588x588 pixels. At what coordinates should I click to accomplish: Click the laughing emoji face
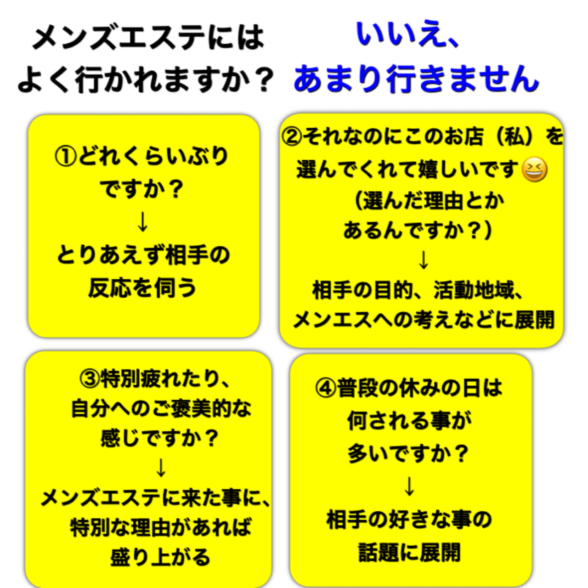534,170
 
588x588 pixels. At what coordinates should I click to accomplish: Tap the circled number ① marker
65,157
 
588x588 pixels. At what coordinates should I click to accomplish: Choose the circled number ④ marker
326,389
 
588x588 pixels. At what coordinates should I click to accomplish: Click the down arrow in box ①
143,222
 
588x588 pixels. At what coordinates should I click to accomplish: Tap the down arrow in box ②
424,260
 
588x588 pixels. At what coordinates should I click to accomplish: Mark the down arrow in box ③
161,468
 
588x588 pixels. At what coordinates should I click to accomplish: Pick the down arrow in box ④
409,486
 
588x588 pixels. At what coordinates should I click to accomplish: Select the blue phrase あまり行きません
416,79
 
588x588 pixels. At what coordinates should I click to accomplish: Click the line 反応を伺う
142,288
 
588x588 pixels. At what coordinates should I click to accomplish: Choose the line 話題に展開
409,553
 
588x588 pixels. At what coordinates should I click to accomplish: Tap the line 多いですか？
408,454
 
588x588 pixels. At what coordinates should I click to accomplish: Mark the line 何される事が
409,420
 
